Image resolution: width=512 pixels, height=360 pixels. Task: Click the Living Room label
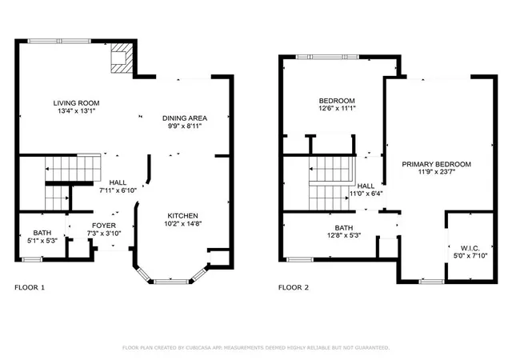point(77,103)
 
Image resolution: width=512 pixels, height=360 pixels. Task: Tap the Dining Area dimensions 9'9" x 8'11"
point(185,126)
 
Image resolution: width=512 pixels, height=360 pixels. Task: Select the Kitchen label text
point(182,216)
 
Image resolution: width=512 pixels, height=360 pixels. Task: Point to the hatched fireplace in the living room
point(122,58)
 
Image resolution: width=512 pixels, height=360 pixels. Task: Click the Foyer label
point(104,226)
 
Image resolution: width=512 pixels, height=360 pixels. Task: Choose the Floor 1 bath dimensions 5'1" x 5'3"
point(42,241)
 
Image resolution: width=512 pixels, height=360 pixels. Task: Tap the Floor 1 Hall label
point(118,182)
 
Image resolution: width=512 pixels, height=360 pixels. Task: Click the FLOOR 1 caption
point(30,287)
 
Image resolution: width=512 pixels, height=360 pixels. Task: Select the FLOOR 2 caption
point(294,287)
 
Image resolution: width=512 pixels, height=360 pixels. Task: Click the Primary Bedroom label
point(436,164)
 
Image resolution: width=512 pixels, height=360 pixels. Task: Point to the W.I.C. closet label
point(470,249)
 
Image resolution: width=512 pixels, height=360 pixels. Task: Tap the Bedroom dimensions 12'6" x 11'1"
point(337,109)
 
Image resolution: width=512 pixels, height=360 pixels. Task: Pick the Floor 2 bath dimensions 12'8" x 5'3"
point(344,235)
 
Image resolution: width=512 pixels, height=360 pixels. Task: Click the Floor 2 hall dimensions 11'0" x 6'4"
point(366,194)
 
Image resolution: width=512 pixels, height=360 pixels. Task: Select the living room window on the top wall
point(59,41)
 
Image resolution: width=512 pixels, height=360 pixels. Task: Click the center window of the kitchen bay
point(171,282)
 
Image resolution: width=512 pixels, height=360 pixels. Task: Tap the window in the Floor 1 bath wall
point(32,260)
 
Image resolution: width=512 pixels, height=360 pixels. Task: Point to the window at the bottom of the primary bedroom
point(432,282)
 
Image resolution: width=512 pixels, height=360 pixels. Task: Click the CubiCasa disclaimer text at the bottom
point(256,348)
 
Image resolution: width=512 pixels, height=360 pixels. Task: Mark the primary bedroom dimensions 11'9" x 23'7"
point(437,172)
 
